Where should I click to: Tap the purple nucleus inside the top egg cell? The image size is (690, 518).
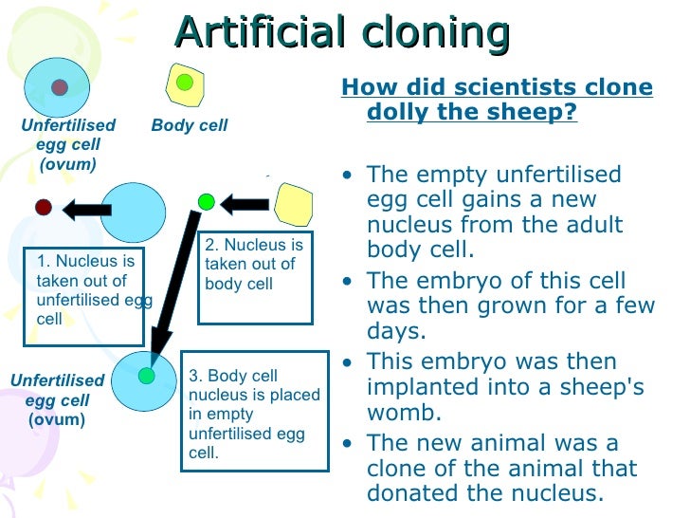[60, 87]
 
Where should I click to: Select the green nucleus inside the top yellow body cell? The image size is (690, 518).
[185, 83]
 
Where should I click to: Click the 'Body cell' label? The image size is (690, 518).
[190, 125]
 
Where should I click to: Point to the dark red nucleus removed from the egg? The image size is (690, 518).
[43, 207]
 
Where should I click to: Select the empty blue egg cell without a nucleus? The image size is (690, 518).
[133, 212]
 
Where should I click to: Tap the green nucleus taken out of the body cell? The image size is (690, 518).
[207, 201]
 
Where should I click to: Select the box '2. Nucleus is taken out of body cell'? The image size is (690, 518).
[254, 274]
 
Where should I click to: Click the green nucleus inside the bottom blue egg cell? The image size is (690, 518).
[146, 376]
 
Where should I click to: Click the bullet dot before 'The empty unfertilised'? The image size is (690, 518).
[352, 176]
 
